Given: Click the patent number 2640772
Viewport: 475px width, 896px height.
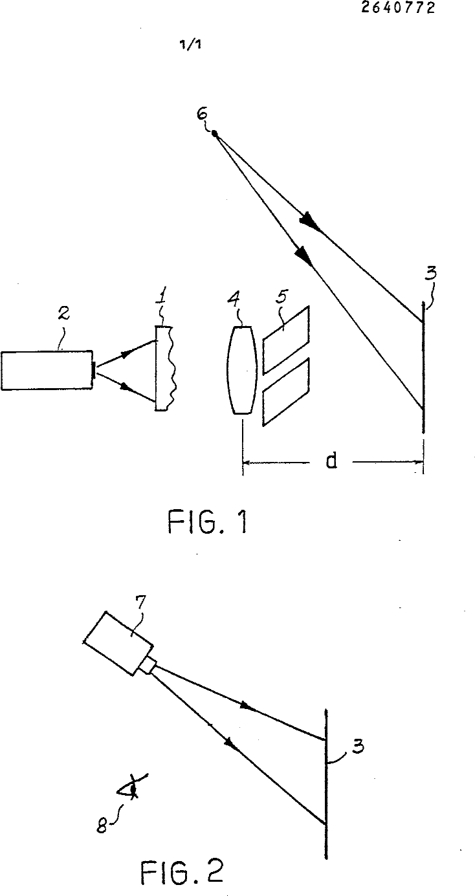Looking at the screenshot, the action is pos(398,7).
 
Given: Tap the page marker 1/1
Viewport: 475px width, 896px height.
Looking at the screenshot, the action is pos(190,45).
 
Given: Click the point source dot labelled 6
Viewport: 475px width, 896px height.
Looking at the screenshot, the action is pos(214,134).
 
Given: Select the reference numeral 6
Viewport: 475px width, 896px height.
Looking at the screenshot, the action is pos(203,114).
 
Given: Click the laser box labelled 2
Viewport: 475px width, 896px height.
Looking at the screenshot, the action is pos(47,370).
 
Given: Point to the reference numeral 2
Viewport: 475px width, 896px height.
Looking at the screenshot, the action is pos(63,312).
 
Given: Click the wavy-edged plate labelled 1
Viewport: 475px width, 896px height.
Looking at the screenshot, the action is pos(165,368).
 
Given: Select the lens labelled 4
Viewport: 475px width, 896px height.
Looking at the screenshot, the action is pos(241,369).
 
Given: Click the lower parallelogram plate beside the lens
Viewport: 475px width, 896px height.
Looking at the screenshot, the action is pos(286,392).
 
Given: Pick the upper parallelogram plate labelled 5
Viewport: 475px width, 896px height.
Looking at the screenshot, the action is pos(286,340).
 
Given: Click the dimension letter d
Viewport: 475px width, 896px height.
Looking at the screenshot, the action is pos(331,461).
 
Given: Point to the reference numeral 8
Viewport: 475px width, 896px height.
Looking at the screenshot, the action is pos(102,825).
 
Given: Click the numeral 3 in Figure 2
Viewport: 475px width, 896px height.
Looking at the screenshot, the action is pos(358,746).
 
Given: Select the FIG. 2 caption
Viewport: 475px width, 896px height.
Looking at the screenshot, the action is pos(182,873).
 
